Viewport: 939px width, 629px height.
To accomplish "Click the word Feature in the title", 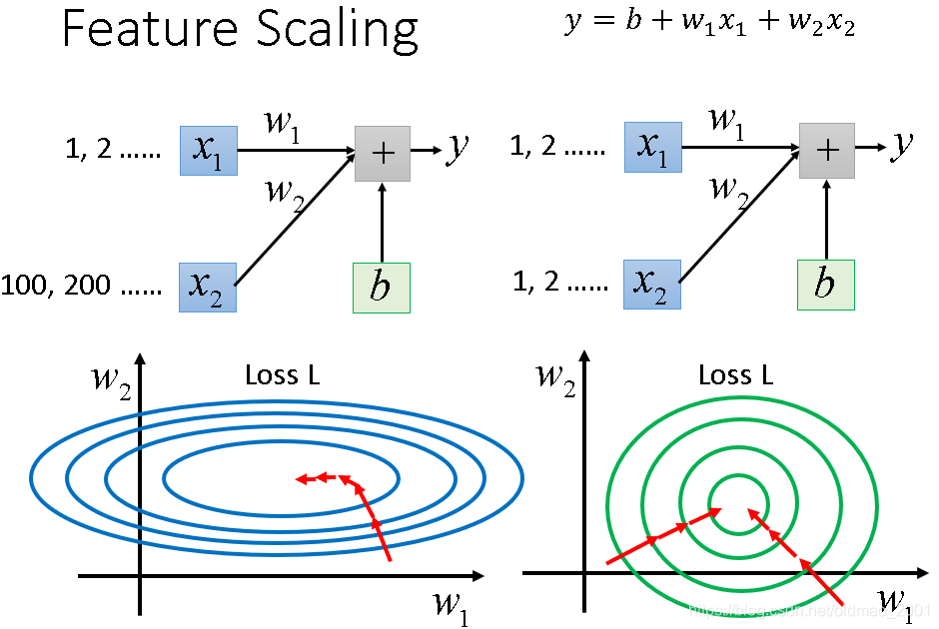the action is (x=136, y=30).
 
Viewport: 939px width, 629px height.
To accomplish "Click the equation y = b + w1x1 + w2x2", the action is (x=709, y=23).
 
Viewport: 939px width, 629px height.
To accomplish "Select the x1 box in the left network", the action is (x=208, y=150).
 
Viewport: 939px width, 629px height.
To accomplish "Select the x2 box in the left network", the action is (x=208, y=288).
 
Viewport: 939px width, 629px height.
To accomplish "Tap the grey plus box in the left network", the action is (x=383, y=153).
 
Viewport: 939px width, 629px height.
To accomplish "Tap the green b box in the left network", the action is (x=382, y=288).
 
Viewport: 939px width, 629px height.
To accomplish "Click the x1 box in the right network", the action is (x=652, y=149).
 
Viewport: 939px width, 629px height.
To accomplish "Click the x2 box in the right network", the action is (x=652, y=284).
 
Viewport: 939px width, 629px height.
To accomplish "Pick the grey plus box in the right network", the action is (x=827, y=151).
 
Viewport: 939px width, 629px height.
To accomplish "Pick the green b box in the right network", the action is (x=825, y=284).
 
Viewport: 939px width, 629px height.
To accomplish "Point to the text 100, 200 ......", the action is (x=52, y=288).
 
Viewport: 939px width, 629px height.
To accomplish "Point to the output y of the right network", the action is (x=902, y=146).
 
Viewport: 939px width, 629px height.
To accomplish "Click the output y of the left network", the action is (x=458, y=148).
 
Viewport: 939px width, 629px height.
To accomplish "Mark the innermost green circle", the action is (x=738, y=477).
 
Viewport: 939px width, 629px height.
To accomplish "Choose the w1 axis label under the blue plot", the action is (x=451, y=606).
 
